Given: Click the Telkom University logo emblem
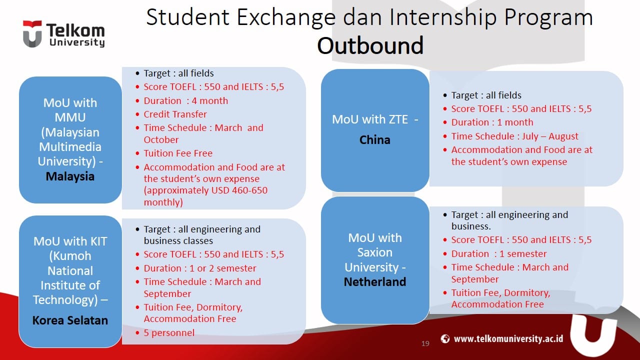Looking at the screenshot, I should tap(32, 34).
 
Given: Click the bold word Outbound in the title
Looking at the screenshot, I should tap(370, 45).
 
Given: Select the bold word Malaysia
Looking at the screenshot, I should tap(70, 176).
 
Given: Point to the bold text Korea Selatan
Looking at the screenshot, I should tap(70, 320).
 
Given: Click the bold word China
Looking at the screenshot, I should tap(374, 140).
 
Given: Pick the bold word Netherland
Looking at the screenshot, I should tap(374, 282).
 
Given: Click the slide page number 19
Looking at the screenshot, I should tap(425, 343).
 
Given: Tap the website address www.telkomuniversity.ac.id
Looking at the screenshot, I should tap(508, 339).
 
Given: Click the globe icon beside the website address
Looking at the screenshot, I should tap(445, 339).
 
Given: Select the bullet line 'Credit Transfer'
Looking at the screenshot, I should tap(175, 114).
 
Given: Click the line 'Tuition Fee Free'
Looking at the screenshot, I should tap(178, 153).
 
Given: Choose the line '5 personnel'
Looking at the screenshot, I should tap(169, 332).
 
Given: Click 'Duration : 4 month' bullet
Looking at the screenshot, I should tap(185, 100).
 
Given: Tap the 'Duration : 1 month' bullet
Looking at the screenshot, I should tap(492, 122).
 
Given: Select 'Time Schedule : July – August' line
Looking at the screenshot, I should tap(514, 136).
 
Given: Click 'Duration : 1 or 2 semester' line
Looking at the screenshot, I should tap(200, 268).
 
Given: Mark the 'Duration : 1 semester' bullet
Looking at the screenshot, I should tap(499, 254).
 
